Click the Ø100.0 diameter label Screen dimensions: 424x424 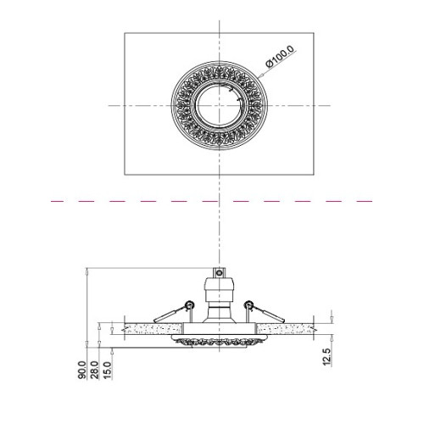(280, 57)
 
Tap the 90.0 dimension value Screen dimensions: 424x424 (82, 371)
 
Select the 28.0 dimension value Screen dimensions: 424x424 (95, 370)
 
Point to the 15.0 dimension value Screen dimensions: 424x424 (108, 370)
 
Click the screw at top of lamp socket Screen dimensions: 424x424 (219, 273)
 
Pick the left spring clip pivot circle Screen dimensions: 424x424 (189, 304)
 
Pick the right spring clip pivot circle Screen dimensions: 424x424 (249, 304)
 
